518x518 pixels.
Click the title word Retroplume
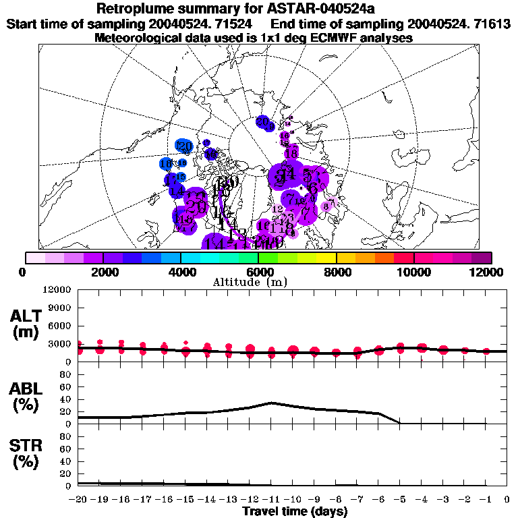pos(140,9)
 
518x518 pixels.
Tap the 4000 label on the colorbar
pos(181,272)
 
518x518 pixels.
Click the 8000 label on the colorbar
pos(336,272)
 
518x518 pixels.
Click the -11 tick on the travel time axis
pos(271,500)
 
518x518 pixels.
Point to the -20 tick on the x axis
pos(78,500)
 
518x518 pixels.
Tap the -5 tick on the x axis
pos(400,500)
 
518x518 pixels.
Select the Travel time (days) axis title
pos(295,511)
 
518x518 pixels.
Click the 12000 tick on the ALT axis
pos(57,290)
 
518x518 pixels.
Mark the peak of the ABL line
pos(271,403)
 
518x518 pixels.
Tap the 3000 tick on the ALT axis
pos(60,344)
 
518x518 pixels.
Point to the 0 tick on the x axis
pos(507,500)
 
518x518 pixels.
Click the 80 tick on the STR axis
pos(65,436)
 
